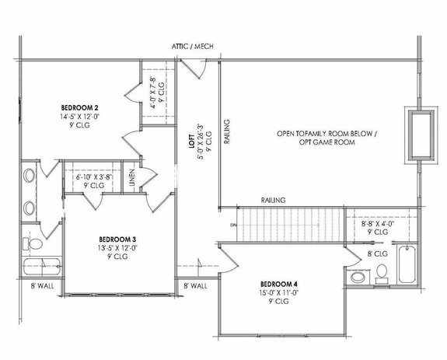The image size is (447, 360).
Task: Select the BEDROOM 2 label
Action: click(79, 107)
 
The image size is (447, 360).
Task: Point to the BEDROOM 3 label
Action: click(117, 239)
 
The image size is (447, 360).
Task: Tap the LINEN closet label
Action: click(132, 179)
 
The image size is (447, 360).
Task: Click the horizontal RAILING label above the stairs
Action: click(273, 200)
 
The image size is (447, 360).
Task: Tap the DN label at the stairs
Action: click(232, 225)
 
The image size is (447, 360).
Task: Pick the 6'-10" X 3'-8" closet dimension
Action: click(90, 177)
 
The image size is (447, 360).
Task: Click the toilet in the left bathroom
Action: click(34, 244)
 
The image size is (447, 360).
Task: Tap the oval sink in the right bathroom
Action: click(358, 278)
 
